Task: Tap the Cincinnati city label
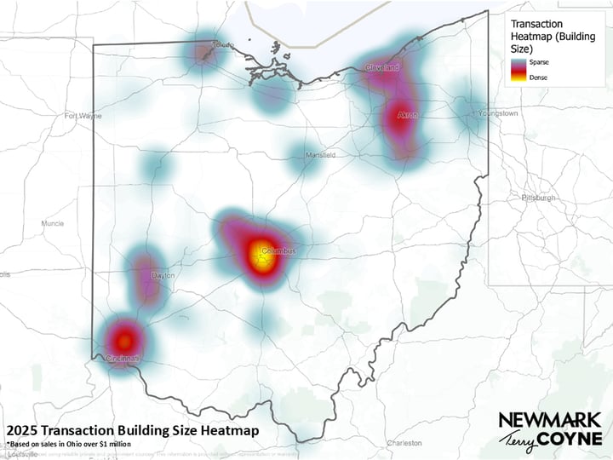click(x=123, y=359)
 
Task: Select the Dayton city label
click(x=162, y=276)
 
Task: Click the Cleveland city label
click(x=382, y=67)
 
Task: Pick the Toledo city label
click(x=223, y=45)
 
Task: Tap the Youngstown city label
click(x=497, y=112)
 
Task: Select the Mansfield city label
click(x=321, y=155)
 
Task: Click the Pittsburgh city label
click(x=539, y=198)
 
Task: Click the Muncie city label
click(x=52, y=223)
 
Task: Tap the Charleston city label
click(x=404, y=443)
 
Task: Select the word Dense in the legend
click(x=537, y=78)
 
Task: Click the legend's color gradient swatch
click(x=518, y=70)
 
